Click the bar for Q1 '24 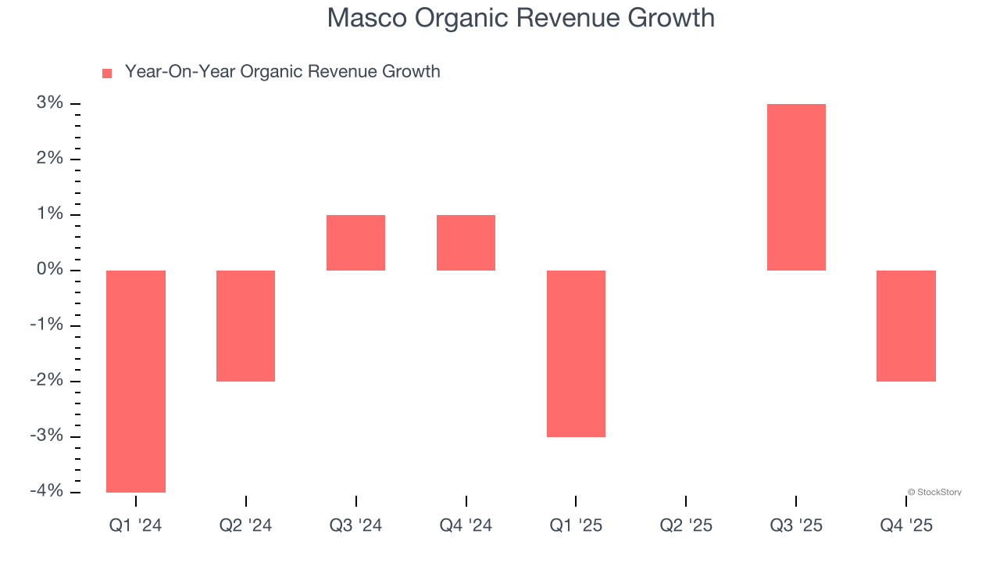point(136,381)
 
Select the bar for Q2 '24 point(246,325)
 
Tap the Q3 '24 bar point(355,242)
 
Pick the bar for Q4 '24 point(466,242)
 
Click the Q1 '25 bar point(576,353)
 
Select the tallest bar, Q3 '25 point(796,187)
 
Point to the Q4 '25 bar point(906,325)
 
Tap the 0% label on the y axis point(50,271)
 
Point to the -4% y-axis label point(47,492)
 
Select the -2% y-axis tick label point(47,382)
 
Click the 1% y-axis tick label point(50,215)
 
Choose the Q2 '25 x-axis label point(686,525)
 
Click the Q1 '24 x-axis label point(136,525)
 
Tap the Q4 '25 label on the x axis point(906,525)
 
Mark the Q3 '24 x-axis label point(355,525)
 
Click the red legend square point(107,73)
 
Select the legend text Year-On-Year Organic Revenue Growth point(282,72)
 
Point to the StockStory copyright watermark point(934,493)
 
